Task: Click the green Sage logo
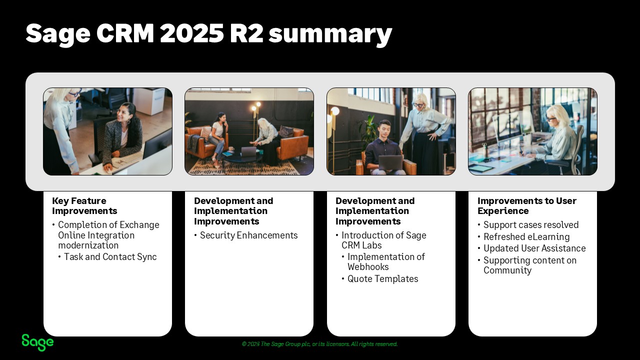pyautogui.click(x=37, y=342)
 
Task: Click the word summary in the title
pyautogui.click(x=330, y=34)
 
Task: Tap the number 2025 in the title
pyautogui.click(x=191, y=34)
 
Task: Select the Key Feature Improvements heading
pyautogui.click(x=84, y=205)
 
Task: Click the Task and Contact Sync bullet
pyautogui.click(x=110, y=257)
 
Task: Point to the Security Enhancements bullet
pyautogui.click(x=248, y=235)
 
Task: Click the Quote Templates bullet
pyautogui.click(x=382, y=279)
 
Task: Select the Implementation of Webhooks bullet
pyautogui.click(x=385, y=262)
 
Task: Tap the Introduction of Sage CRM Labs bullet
pyautogui.click(x=383, y=240)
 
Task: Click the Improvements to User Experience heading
pyautogui.click(x=526, y=205)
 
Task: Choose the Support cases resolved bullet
pyautogui.click(x=530, y=225)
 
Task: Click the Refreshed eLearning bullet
pyautogui.click(x=526, y=237)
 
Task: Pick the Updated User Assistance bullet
pyautogui.click(x=534, y=248)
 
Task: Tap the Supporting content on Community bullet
pyautogui.click(x=529, y=265)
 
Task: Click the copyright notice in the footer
pyautogui.click(x=319, y=344)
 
